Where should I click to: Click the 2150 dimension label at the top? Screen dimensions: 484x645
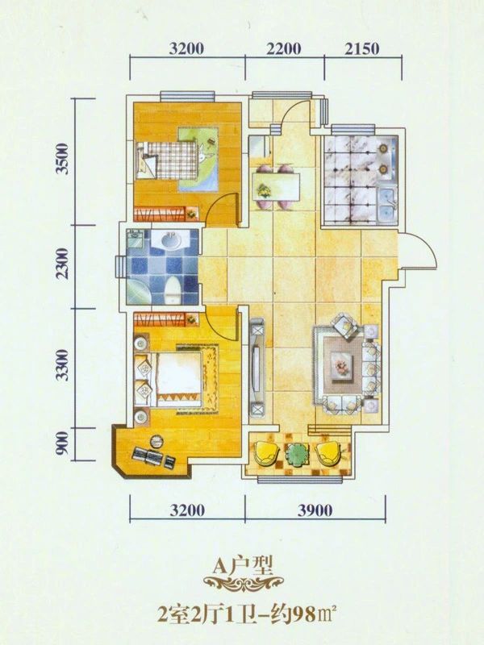[x=361, y=49]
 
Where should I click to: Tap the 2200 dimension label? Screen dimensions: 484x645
[x=284, y=49]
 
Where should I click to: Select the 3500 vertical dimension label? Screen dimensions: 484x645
[x=63, y=158]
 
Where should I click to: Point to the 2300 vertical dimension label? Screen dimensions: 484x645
[x=63, y=264]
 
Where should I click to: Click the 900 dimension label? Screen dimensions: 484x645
[x=62, y=443]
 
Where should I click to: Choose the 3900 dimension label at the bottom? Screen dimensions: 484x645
[x=315, y=510]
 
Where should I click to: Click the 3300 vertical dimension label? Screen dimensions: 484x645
[x=63, y=365]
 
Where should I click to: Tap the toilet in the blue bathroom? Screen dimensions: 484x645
[x=173, y=290]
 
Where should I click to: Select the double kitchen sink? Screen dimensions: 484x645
[x=388, y=202]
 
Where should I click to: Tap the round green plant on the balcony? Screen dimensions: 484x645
[x=298, y=455]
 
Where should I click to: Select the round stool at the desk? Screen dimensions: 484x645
[x=156, y=441]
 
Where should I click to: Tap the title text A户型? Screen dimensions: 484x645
[x=243, y=567]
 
